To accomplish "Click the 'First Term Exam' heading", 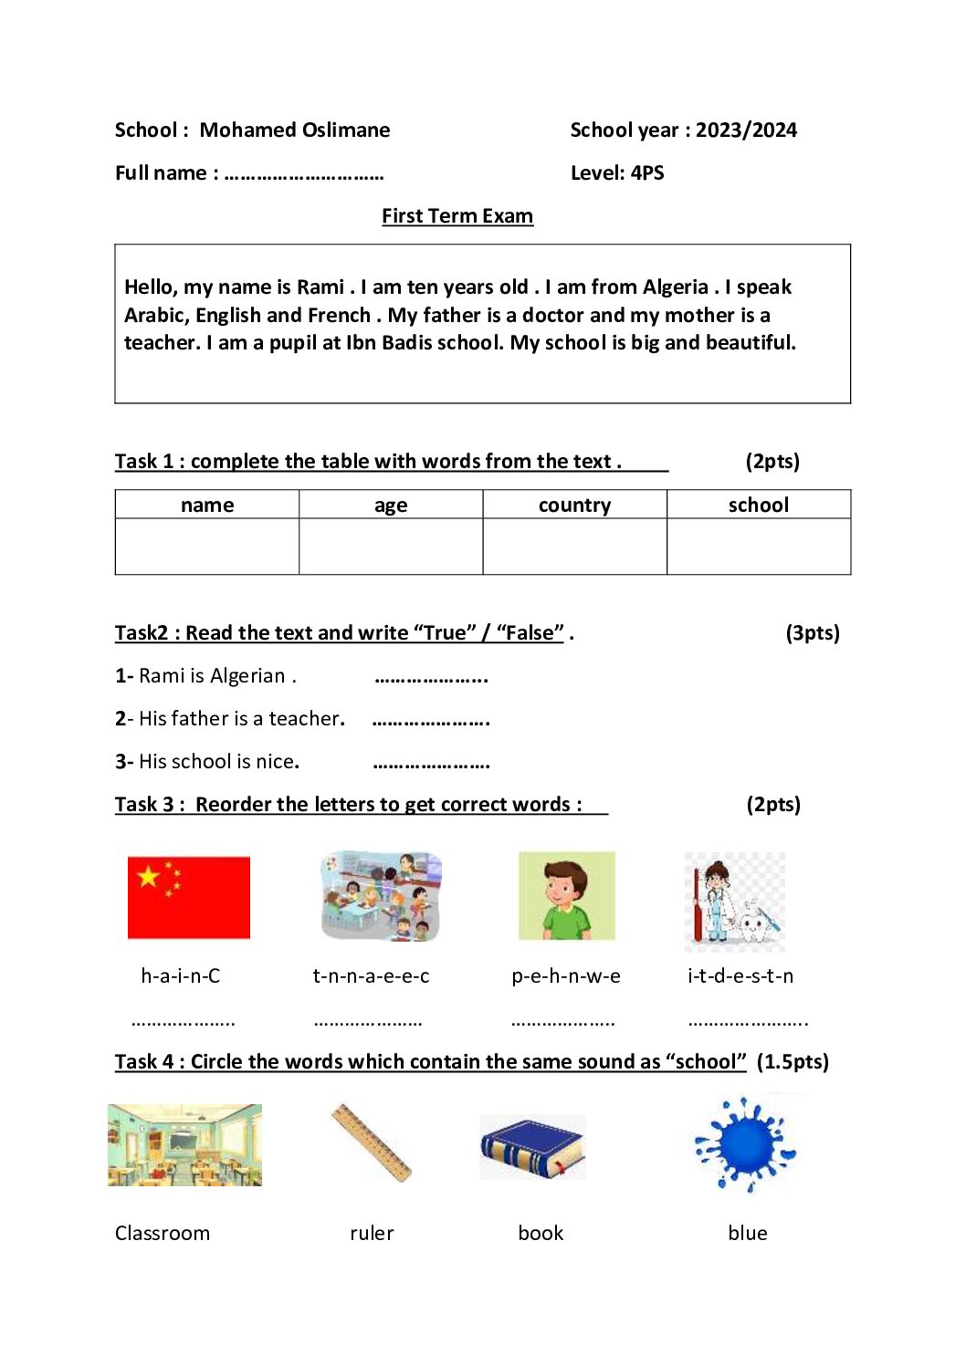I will pyautogui.click(x=457, y=216).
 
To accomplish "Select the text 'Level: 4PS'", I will pyautogui.click(x=617, y=173).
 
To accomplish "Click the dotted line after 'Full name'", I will pyautogui.click(x=303, y=174).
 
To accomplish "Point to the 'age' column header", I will pyautogui.click(x=391, y=506).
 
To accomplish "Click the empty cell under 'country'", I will pyautogui.click(x=574, y=547).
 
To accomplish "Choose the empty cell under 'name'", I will pyautogui.click(x=207, y=547).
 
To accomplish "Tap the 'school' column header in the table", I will pyautogui.click(x=758, y=506).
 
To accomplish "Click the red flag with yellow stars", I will pyautogui.click(x=189, y=897).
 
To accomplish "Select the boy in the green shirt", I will pyautogui.click(x=566, y=896).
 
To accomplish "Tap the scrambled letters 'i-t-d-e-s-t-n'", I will pyautogui.click(x=740, y=976).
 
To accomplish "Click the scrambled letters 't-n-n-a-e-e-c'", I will pyautogui.click(x=371, y=976).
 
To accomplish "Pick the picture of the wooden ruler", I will pyautogui.click(x=372, y=1143).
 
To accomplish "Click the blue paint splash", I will pyautogui.click(x=746, y=1145).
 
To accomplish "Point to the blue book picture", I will pyautogui.click(x=532, y=1147).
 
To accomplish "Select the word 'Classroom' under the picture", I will pyautogui.click(x=163, y=1234).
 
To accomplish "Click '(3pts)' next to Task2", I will pyautogui.click(x=813, y=633).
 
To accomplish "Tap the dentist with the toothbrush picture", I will pyautogui.click(x=735, y=902).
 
